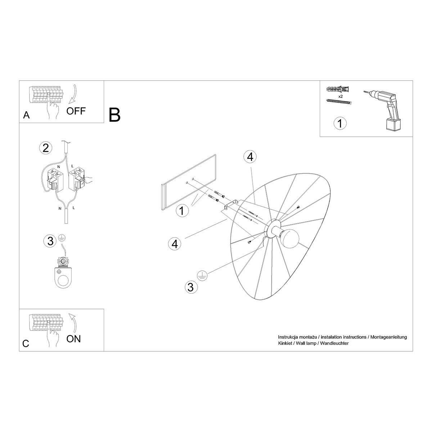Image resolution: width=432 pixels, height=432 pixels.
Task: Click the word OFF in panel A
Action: point(76,111)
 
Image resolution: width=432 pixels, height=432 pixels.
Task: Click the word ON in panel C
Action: point(73,338)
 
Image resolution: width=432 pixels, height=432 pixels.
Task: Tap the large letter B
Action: point(114,114)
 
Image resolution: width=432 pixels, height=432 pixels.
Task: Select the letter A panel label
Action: point(26,115)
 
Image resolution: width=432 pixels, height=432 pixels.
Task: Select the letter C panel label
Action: point(26,343)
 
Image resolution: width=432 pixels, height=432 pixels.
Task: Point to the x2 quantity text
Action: point(340,97)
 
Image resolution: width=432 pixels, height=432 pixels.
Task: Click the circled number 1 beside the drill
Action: point(340,123)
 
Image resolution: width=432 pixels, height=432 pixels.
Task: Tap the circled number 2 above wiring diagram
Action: point(45,148)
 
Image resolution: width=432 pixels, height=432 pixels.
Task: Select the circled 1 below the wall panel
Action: point(182,211)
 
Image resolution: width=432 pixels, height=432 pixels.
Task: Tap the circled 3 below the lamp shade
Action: point(191,287)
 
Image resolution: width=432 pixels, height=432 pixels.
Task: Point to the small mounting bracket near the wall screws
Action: point(230,206)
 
